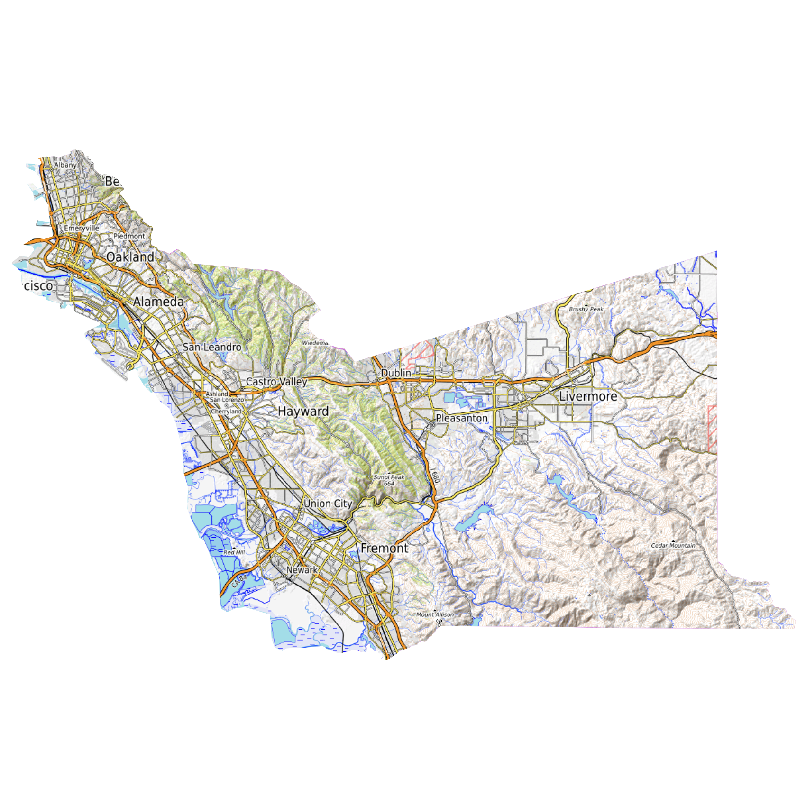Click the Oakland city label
pyautogui.click(x=130, y=257)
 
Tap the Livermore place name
pyautogui.click(x=588, y=396)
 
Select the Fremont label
pyautogui.click(x=384, y=548)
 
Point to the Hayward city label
pyautogui.click(x=303, y=411)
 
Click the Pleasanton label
pyautogui.click(x=461, y=418)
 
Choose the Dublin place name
pyautogui.click(x=396, y=373)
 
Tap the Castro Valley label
pyautogui.click(x=276, y=382)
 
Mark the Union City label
pyautogui.click(x=328, y=504)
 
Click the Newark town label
pyautogui.click(x=302, y=570)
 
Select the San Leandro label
pyautogui.click(x=212, y=347)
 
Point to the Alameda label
pyautogui.click(x=158, y=302)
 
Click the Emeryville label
pyautogui.click(x=82, y=228)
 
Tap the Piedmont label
pyautogui.click(x=129, y=236)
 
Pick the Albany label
pyautogui.click(x=65, y=165)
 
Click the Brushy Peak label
pyautogui.click(x=586, y=309)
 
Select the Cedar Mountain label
pyautogui.click(x=673, y=546)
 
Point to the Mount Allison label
pyautogui.click(x=435, y=614)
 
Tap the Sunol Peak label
pyautogui.click(x=389, y=477)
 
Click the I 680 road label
pyautogui.click(x=435, y=476)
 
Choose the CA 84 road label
pyautogui.click(x=239, y=581)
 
